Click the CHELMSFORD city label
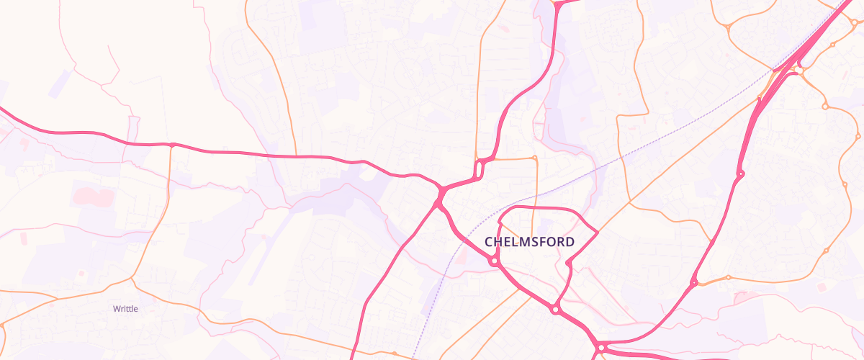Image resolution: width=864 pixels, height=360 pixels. click(529, 242)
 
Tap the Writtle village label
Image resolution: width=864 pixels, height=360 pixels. click(125, 309)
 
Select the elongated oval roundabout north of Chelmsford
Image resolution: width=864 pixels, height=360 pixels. click(478, 170)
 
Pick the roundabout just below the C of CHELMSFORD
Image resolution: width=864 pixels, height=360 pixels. click(494, 262)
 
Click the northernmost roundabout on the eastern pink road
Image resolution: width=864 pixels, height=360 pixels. click(740, 174)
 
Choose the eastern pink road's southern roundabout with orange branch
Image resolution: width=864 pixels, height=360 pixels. click(695, 282)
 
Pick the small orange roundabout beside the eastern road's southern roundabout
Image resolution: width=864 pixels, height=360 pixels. click(728, 277)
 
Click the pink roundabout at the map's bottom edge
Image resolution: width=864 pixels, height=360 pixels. click(601, 348)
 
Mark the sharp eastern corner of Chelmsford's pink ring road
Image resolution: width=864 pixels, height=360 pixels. click(597, 232)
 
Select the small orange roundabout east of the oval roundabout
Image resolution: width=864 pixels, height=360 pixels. click(534, 157)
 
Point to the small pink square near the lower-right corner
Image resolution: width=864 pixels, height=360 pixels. click(822, 287)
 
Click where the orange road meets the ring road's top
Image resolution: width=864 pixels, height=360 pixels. click(533, 209)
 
